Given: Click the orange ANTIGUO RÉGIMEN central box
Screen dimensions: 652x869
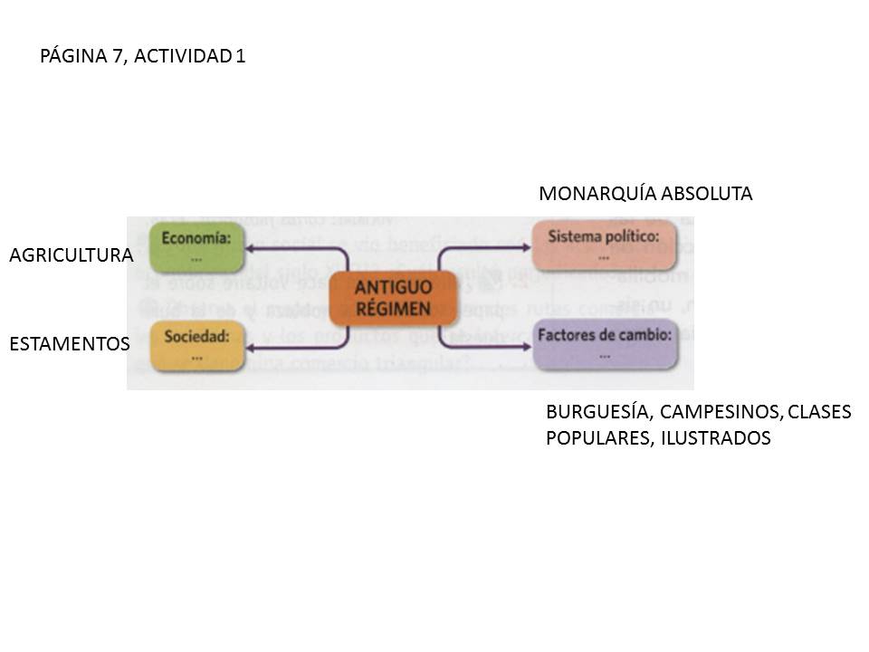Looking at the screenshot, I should [394, 298].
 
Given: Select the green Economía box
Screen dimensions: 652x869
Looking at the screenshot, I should [197, 247].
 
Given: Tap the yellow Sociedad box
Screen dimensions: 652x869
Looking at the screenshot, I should [197, 345].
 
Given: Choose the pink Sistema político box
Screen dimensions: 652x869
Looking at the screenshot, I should [605, 245].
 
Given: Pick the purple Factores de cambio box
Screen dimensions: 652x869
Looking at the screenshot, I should [605, 344].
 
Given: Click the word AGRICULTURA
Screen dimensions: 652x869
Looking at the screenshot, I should [71, 256].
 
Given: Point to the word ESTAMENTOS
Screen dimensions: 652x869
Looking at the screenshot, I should [70, 344].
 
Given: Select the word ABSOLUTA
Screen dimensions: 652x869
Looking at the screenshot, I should [707, 194].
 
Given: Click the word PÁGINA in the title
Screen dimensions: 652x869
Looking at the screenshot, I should [75, 56].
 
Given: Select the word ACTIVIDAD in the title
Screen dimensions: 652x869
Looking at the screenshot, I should [187, 56].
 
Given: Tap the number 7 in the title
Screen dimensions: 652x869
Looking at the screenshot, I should [120, 56].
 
